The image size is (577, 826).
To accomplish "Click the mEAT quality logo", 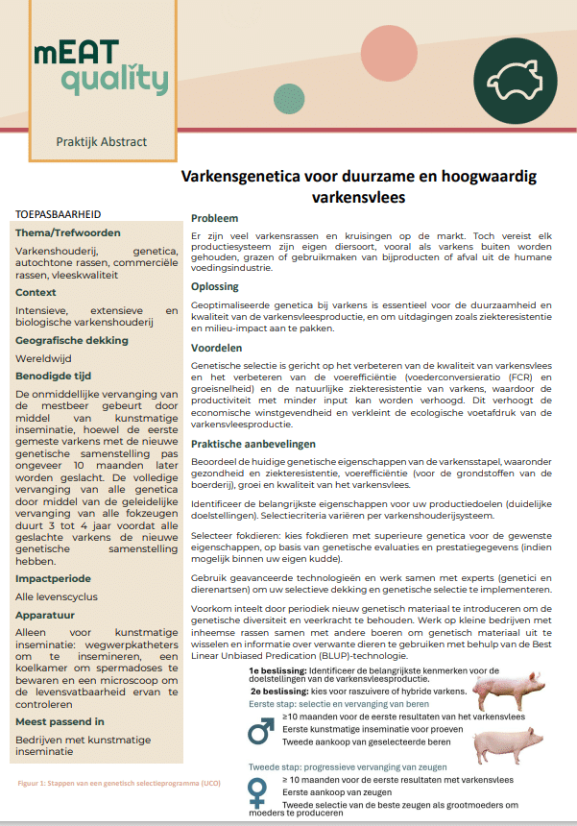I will click(x=100, y=68).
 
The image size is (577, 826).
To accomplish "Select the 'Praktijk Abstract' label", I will click(x=101, y=142).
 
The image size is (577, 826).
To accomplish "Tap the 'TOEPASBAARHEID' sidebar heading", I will click(x=60, y=214).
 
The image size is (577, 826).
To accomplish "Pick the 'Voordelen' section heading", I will click(x=217, y=348).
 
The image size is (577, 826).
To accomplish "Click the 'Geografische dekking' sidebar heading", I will click(x=72, y=341).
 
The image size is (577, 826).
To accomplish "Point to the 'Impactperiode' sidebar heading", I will click(x=53, y=579).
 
